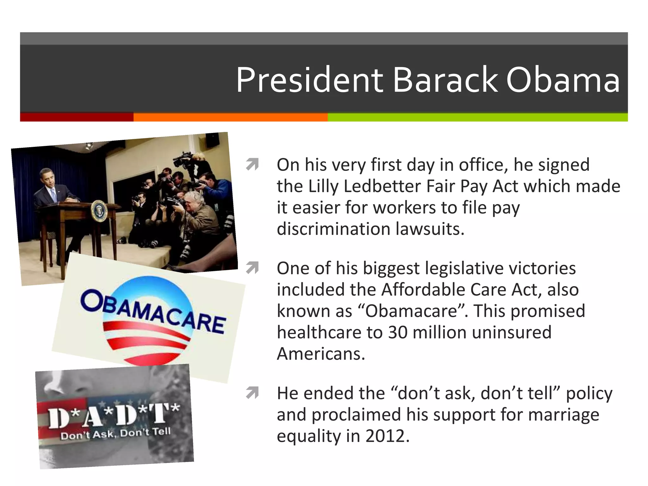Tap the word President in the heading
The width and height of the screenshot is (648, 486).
(x=309, y=80)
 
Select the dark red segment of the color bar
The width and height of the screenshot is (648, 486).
(x=77, y=117)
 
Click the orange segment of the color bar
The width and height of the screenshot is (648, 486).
(x=230, y=117)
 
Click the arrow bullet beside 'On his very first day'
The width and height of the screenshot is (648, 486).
(x=252, y=165)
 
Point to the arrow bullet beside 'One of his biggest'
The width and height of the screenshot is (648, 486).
(x=252, y=268)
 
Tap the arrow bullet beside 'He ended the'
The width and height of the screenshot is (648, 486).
(x=252, y=393)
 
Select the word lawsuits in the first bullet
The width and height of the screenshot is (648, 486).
(x=430, y=229)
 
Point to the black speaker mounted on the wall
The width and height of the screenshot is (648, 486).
(x=212, y=140)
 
